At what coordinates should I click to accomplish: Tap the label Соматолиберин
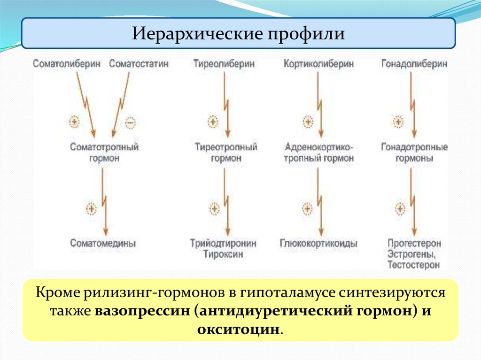pos(67,64)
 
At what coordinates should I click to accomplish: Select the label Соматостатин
pos(139,64)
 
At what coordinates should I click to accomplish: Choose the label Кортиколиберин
pos(318,64)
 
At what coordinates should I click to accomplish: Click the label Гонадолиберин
pos(414,64)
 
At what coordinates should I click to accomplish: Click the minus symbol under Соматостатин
pos(130,123)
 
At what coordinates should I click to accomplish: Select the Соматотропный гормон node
pos(104,153)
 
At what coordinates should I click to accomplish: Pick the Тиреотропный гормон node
pos(226,153)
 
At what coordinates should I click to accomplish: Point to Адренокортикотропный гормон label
pos(319,153)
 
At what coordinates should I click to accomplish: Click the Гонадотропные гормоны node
pos(414,153)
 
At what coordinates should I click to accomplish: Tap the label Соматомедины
pos(103,243)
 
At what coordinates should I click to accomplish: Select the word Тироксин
pos(224,254)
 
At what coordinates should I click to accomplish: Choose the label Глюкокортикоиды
pos(319,244)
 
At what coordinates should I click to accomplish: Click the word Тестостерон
pos(414,265)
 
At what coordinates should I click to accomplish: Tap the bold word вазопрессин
pos(142,311)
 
